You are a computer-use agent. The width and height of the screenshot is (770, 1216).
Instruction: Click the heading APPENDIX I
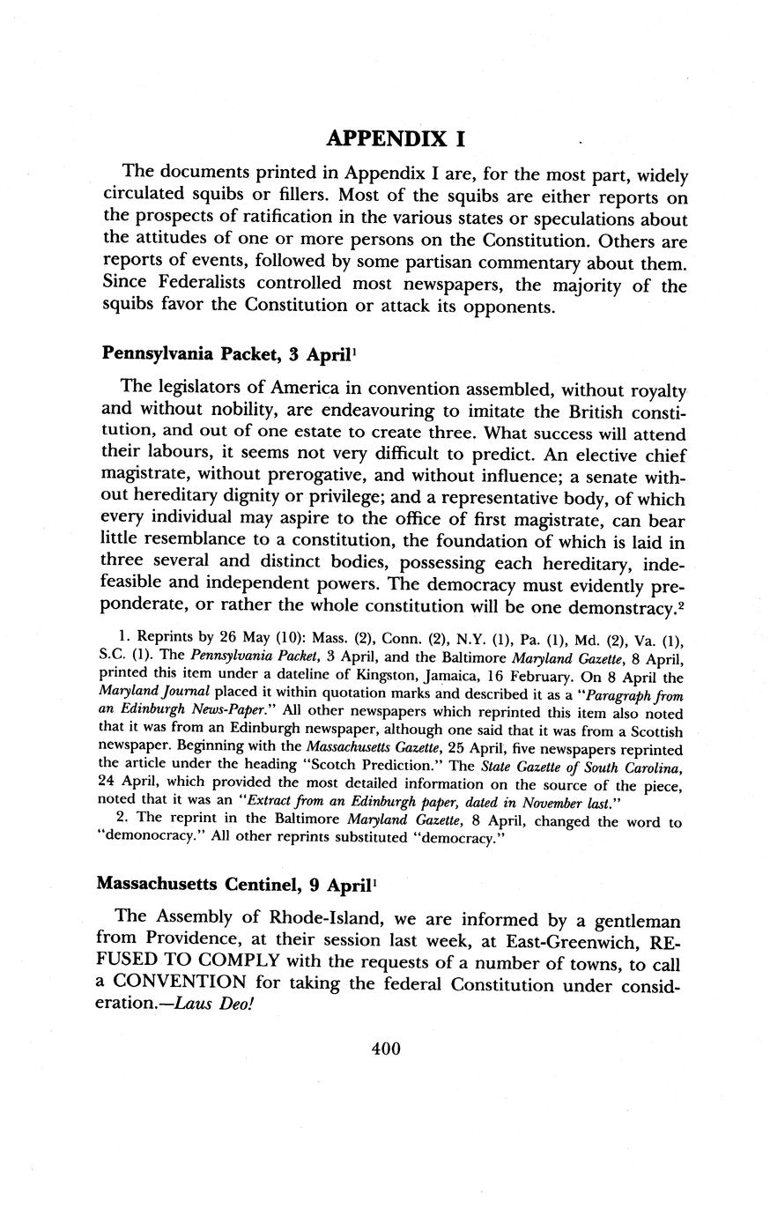[396, 138]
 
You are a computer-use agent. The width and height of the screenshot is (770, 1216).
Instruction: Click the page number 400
[386, 1049]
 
